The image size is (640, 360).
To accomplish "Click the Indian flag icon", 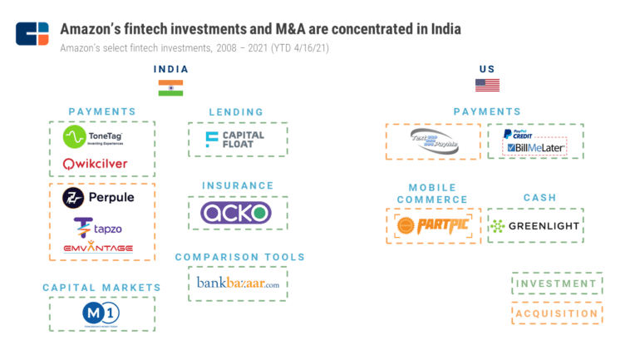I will point(170,87).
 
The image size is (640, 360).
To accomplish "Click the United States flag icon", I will point(487,85).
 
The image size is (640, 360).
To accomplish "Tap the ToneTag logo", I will point(101,137).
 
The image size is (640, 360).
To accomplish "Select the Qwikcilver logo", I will point(96,164).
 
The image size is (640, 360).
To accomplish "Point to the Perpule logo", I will point(98,198).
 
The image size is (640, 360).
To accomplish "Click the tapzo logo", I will point(98,225).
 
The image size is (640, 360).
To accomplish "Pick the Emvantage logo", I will point(97,248).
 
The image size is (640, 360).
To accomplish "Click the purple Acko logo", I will point(236,213).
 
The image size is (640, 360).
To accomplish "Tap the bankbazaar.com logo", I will point(238,284).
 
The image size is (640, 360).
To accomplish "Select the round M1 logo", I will point(101,313).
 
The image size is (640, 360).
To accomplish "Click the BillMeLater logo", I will point(535,147).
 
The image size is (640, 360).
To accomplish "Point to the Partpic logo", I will point(432,225).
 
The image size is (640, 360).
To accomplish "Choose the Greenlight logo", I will point(534,225).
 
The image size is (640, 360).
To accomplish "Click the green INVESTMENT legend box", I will point(556,284).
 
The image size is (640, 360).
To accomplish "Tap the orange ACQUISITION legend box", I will point(556,313).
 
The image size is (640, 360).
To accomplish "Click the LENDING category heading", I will point(236,111).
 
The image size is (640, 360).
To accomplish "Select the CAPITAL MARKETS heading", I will point(101,288).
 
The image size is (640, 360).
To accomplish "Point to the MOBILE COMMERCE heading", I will point(432,193).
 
